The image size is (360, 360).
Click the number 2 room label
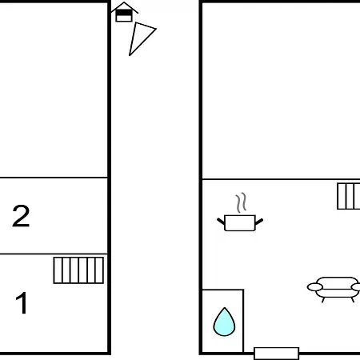21,216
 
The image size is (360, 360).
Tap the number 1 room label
22,302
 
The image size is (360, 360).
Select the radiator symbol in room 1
78,270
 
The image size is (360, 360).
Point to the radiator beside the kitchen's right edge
349,196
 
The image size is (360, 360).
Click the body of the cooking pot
240,223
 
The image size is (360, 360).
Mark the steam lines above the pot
241,202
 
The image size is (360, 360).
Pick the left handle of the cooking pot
221,222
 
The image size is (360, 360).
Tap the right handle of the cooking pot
259,222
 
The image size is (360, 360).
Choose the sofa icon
334,290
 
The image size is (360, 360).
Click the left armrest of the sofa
315,287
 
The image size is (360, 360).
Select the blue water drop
224,322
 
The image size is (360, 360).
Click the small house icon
124,12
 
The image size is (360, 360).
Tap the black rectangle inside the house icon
124,13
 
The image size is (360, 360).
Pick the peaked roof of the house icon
124,6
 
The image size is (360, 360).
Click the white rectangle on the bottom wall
277,354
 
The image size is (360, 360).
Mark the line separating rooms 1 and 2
54,254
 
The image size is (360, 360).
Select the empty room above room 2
54,90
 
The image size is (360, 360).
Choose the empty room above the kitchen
282,90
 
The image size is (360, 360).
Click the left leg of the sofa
323,300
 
